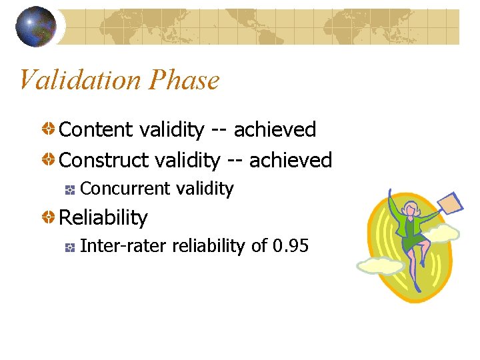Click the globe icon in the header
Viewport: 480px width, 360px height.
35,27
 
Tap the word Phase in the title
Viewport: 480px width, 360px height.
185,81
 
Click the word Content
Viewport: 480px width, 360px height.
96,129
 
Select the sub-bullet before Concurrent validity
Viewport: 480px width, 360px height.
70,190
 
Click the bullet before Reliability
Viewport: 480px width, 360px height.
49,217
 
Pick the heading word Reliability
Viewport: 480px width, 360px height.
103,217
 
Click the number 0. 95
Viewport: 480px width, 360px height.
291,246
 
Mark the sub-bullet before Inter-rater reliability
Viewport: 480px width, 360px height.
70,247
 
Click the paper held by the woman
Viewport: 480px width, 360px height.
452,203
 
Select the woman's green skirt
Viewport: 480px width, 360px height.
414,242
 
